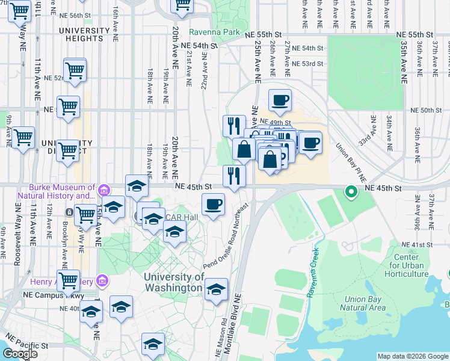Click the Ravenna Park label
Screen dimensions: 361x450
point(214,32)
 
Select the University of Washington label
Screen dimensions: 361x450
point(174,282)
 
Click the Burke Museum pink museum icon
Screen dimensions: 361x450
point(104,191)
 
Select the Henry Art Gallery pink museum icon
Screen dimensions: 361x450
point(102,281)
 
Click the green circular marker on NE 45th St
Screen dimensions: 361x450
point(350,193)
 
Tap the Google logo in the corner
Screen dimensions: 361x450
point(20,354)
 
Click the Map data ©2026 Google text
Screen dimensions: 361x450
point(411,356)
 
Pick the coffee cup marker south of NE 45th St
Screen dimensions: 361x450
point(213,205)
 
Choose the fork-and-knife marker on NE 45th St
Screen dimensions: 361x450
point(234,176)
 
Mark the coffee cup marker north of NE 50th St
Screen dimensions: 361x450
point(279,100)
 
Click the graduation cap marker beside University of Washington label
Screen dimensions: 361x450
point(216,289)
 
